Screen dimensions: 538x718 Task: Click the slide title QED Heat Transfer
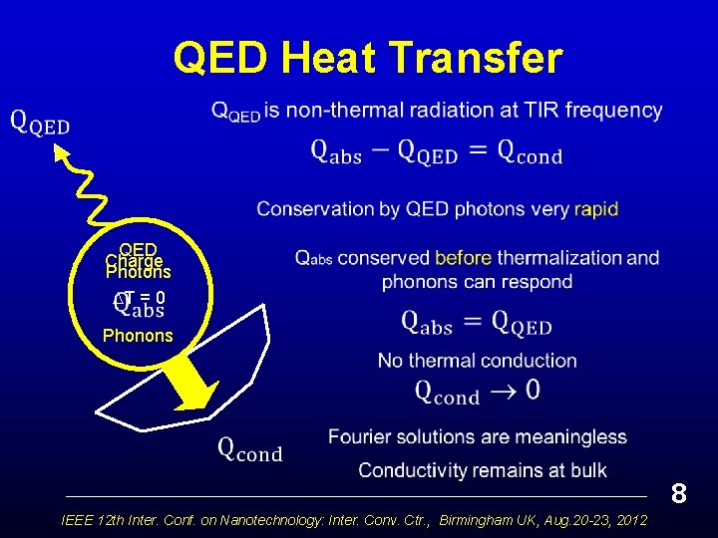tap(367, 57)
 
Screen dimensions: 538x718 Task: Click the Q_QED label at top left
tap(40, 123)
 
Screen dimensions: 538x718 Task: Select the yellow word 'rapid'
tap(596, 209)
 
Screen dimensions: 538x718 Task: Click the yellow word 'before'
tap(464, 257)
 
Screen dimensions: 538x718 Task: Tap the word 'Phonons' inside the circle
tap(138, 336)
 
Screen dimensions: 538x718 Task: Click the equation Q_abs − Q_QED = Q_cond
tap(437, 151)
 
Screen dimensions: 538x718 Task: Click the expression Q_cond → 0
tap(477, 391)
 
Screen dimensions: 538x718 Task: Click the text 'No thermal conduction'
tap(477, 361)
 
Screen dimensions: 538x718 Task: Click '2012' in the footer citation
tap(628, 521)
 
